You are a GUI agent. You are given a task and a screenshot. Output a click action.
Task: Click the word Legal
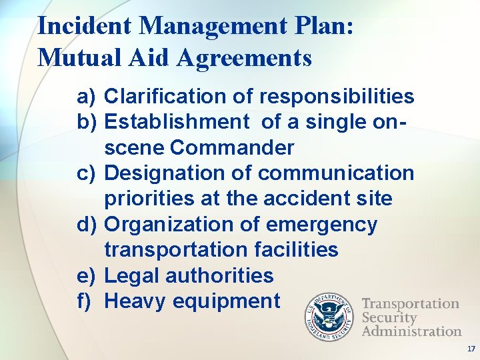(131, 275)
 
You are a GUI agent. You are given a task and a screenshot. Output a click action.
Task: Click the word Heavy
(136, 301)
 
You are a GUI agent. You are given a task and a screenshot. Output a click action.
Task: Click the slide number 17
(471, 349)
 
